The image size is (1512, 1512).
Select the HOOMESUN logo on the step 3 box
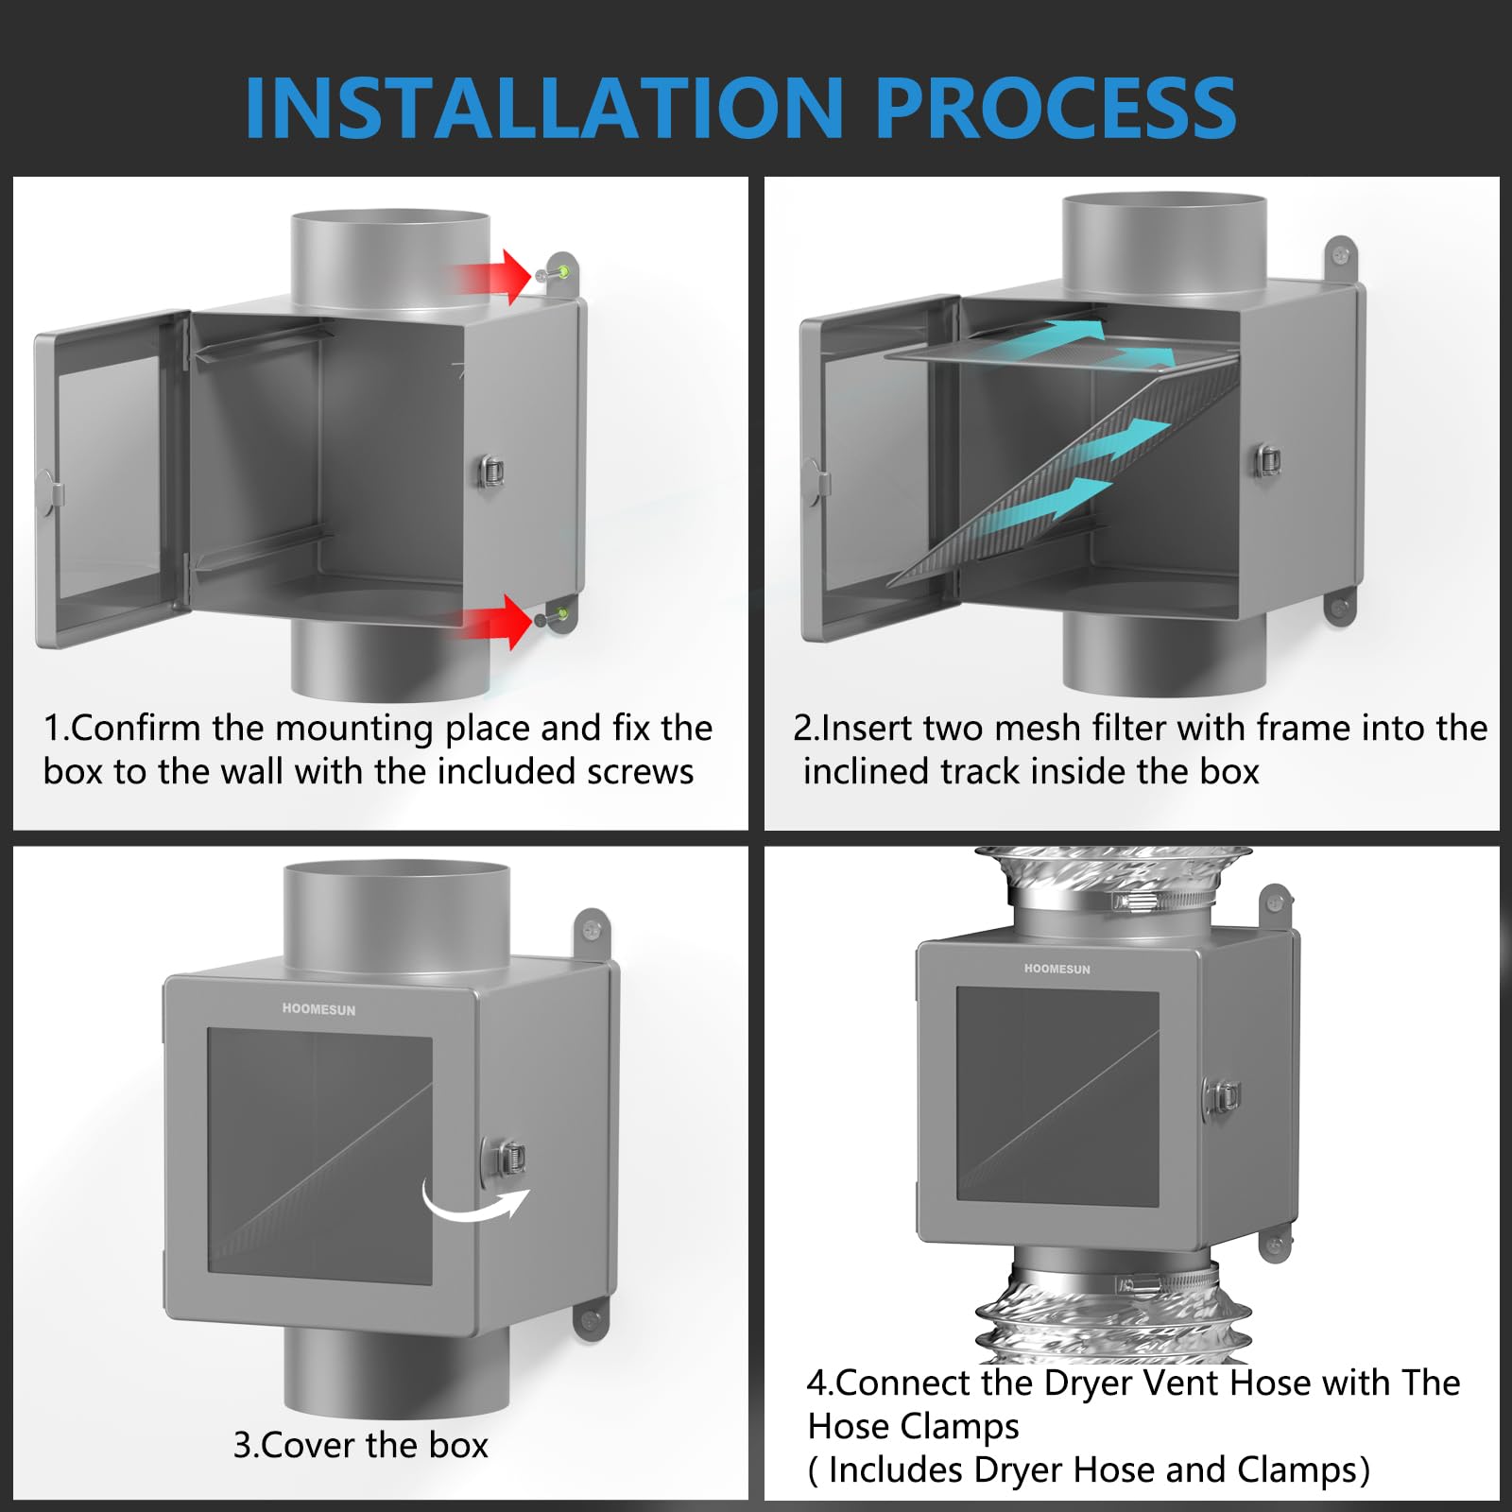(318, 1009)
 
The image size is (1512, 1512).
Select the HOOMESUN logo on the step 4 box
(1057, 969)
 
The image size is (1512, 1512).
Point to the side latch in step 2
(1267, 460)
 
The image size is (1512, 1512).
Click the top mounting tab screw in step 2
(1339, 253)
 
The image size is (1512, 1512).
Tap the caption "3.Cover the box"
(360, 1445)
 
